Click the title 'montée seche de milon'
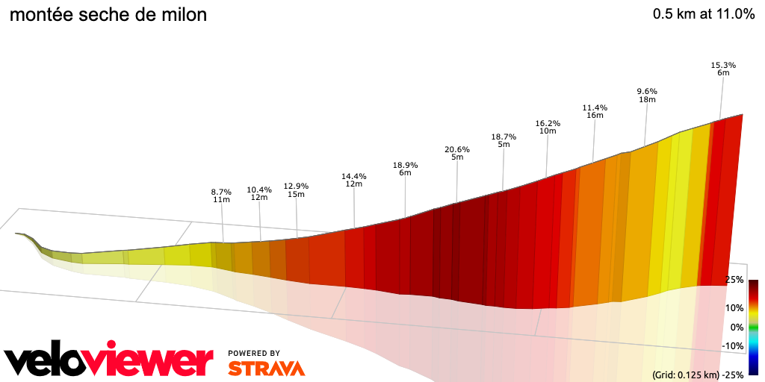tap(108, 15)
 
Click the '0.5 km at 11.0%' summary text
tap(703, 14)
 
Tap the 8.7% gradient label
tap(221, 192)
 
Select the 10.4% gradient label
tap(259, 190)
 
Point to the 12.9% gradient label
tap(296, 186)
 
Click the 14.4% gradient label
tap(354, 176)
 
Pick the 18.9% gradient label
tap(405, 165)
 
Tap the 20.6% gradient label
tap(456, 149)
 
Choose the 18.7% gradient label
tap(504, 137)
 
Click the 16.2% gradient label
tap(548, 123)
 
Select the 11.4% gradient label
tap(595, 107)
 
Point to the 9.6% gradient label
tap(646, 91)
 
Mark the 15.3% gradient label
tap(723, 65)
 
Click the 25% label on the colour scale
tap(734, 280)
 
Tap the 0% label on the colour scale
tap(737, 327)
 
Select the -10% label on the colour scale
tap(733, 345)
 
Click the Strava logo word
tap(266, 368)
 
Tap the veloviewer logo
tap(109, 360)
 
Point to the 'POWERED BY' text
tap(254, 353)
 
